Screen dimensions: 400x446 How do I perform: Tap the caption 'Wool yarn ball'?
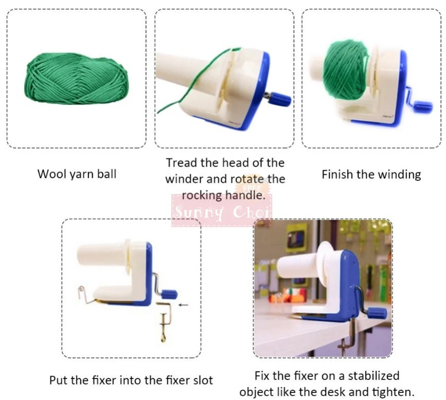(x=77, y=174)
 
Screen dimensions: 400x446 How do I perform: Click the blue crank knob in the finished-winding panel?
(x=423, y=106)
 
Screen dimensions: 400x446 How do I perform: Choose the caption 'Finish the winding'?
(x=371, y=174)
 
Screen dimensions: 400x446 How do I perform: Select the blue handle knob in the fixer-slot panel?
(x=169, y=294)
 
